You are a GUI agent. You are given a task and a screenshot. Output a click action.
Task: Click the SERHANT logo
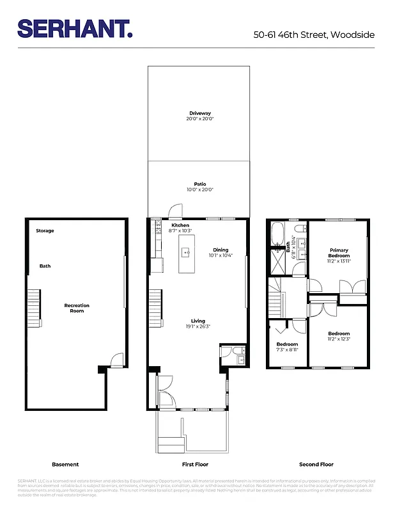tap(75, 29)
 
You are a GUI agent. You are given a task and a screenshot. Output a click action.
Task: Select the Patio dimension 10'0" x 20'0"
tap(199, 189)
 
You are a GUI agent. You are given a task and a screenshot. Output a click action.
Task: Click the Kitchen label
tap(180, 225)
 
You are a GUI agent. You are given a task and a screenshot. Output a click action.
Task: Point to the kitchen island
tap(187, 252)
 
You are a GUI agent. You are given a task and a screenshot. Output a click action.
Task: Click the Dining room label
tap(221, 250)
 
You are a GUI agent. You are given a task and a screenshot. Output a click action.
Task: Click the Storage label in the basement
tap(45, 230)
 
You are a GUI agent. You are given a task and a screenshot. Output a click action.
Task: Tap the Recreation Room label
tap(77, 308)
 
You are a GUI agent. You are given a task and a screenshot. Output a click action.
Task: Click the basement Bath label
tap(45, 266)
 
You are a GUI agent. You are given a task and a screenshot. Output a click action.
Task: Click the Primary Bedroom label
tap(339, 252)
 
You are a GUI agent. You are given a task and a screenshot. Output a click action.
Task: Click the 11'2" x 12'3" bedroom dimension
tap(339, 339)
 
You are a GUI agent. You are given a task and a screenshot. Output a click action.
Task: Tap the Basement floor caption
tap(65, 464)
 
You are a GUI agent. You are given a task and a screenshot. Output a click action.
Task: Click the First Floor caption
tap(195, 464)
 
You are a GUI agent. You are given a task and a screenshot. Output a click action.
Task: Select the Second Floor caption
tap(316, 464)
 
